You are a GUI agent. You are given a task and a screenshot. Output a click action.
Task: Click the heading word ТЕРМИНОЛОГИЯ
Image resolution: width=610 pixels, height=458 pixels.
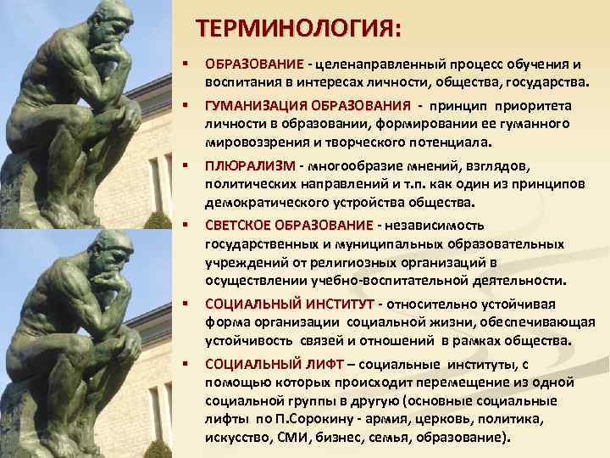(x=296, y=29)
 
